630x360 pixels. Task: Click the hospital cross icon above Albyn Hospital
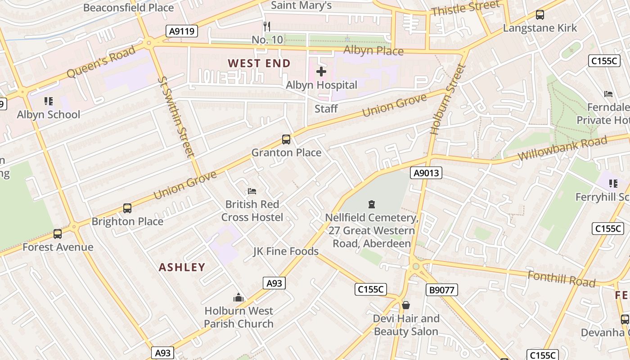pos(321,72)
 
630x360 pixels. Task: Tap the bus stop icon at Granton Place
pos(286,139)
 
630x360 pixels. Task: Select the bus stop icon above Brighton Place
pos(127,208)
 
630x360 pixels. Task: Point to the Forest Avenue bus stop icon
pos(58,234)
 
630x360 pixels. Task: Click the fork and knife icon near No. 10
pos(267,27)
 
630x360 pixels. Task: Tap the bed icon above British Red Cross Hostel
pos(252,191)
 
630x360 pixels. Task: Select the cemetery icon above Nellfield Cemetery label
pos(372,205)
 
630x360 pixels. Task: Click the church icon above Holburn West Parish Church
pos(238,297)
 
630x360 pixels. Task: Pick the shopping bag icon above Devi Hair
pos(406,306)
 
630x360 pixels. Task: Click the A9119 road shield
pos(182,31)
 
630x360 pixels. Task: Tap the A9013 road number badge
pos(426,173)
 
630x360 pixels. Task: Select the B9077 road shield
pos(441,290)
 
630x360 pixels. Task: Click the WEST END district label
pos(259,63)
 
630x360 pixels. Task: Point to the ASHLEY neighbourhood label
pos(182,267)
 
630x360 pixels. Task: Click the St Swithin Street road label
pos(176,117)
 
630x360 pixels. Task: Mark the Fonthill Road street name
pos(561,279)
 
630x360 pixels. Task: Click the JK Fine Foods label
pos(286,251)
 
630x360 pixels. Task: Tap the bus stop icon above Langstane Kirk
pos(540,15)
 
